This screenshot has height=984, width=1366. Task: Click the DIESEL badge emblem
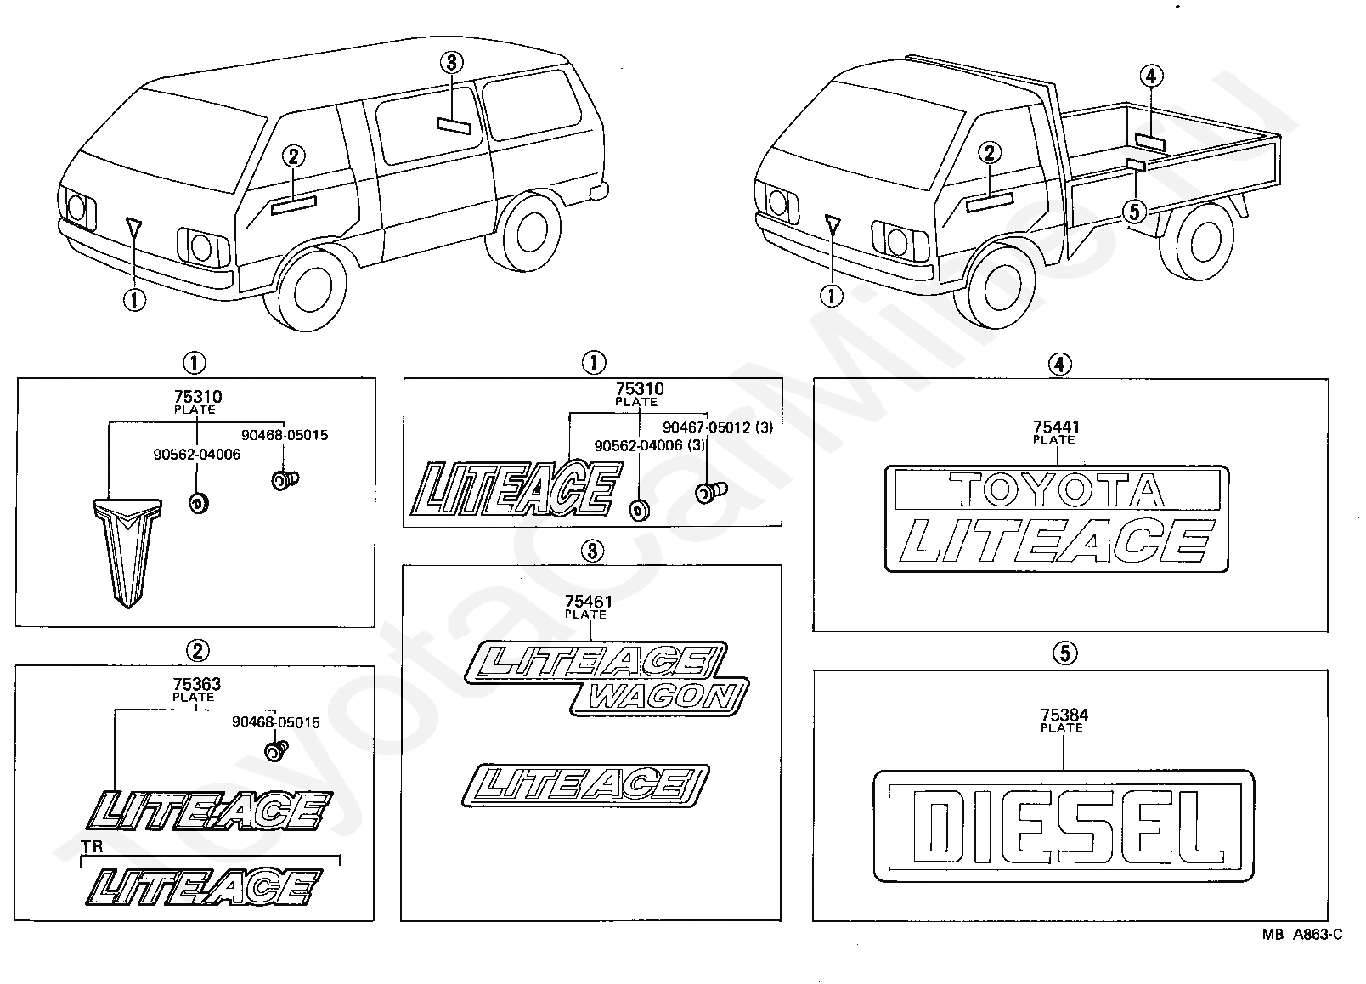pyautogui.click(x=1064, y=825)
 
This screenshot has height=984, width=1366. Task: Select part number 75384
pyautogui.click(x=1064, y=715)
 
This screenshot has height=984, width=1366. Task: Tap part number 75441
pyautogui.click(x=1056, y=427)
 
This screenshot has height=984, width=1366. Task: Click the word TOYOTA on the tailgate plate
pyautogui.click(x=1057, y=489)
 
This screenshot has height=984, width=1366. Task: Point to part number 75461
pyautogui.click(x=589, y=602)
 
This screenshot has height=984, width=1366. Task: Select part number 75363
pyautogui.click(x=196, y=685)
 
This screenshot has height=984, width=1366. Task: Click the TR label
pyautogui.click(x=92, y=846)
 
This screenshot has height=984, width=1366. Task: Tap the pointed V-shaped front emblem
pyautogui.click(x=128, y=552)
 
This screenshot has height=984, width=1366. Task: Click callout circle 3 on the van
pyautogui.click(x=451, y=62)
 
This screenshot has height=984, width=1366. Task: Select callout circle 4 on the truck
pyautogui.click(x=1151, y=76)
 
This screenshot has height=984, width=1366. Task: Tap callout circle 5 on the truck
pyautogui.click(x=1134, y=212)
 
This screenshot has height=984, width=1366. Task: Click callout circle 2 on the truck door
pyautogui.click(x=989, y=153)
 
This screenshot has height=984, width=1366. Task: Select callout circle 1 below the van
pyautogui.click(x=134, y=299)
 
